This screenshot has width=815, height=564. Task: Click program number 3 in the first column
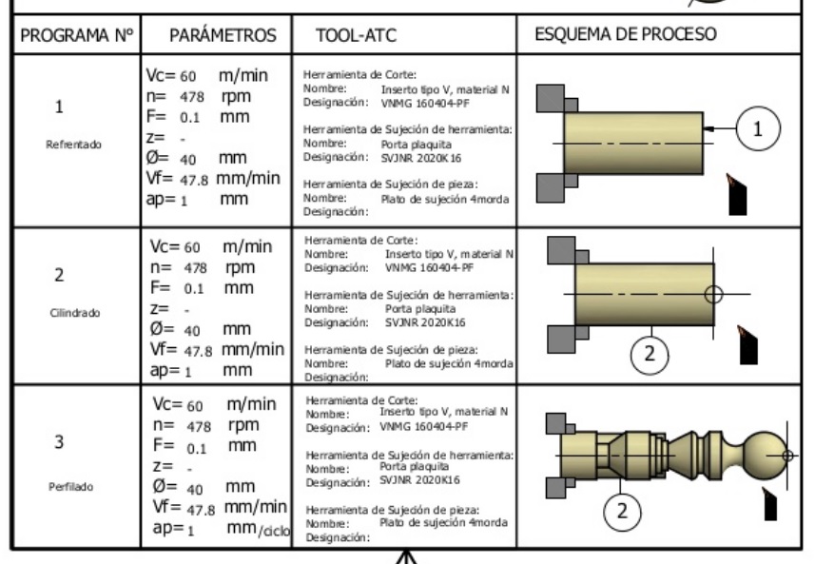point(60,443)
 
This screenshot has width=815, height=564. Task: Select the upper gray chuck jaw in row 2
point(557,250)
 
